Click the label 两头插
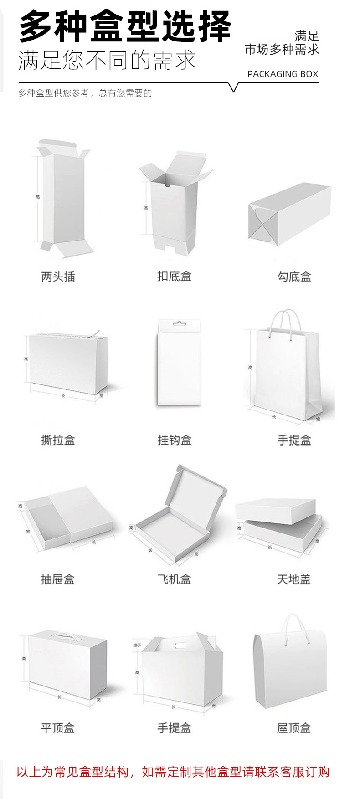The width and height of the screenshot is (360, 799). (58, 277)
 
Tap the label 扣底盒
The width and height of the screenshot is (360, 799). (174, 276)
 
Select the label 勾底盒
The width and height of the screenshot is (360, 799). (294, 277)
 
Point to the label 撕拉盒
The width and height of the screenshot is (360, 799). (58, 440)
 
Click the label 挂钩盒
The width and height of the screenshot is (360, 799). (174, 440)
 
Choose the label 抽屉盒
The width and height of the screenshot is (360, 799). (58, 579)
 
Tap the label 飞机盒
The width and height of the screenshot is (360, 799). (174, 579)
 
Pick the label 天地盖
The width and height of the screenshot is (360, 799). (294, 579)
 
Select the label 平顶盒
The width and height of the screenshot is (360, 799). (58, 728)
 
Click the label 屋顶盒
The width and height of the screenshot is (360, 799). (294, 728)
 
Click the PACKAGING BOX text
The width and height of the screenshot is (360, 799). (283, 74)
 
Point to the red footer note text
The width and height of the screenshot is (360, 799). (173, 772)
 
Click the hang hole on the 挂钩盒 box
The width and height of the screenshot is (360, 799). (179, 324)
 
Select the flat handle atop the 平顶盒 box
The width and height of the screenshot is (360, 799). (63, 634)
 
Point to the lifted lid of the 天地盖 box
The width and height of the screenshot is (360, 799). (276, 511)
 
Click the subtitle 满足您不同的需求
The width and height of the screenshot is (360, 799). (107, 60)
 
